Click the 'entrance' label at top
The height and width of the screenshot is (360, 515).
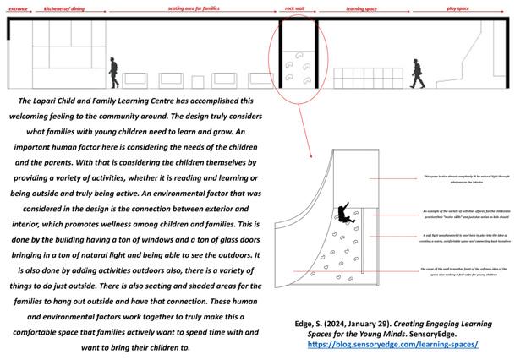[18, 9]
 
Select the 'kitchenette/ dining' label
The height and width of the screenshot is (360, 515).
[66, 9]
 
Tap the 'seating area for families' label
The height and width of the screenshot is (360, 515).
[194, 9]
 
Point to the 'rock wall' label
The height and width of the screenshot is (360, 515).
[295, 9]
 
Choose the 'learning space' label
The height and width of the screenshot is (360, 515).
[361, 9]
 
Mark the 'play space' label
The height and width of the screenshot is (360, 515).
[457, 9]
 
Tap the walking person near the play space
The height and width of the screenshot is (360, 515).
[418, 74]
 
